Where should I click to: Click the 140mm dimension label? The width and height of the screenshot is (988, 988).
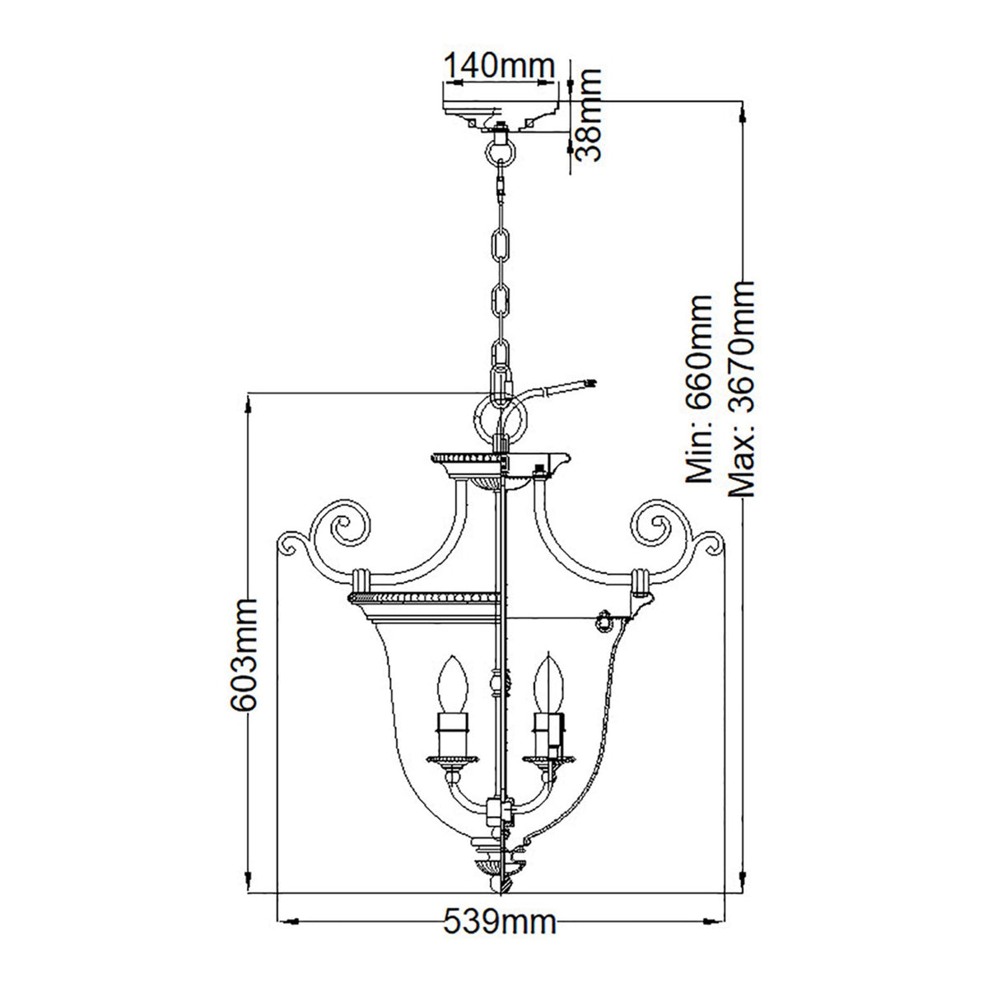click(x=498, y=65)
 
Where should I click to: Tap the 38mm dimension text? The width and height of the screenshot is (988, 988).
click(x=587, y=114)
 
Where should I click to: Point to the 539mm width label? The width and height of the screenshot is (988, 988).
click(x=500, y=944)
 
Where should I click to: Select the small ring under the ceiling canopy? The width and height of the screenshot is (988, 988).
click(x=500, y=151)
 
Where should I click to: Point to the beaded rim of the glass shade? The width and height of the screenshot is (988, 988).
click(x=426, y=595)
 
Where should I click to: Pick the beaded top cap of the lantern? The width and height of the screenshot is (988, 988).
click(x=466, y=455)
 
